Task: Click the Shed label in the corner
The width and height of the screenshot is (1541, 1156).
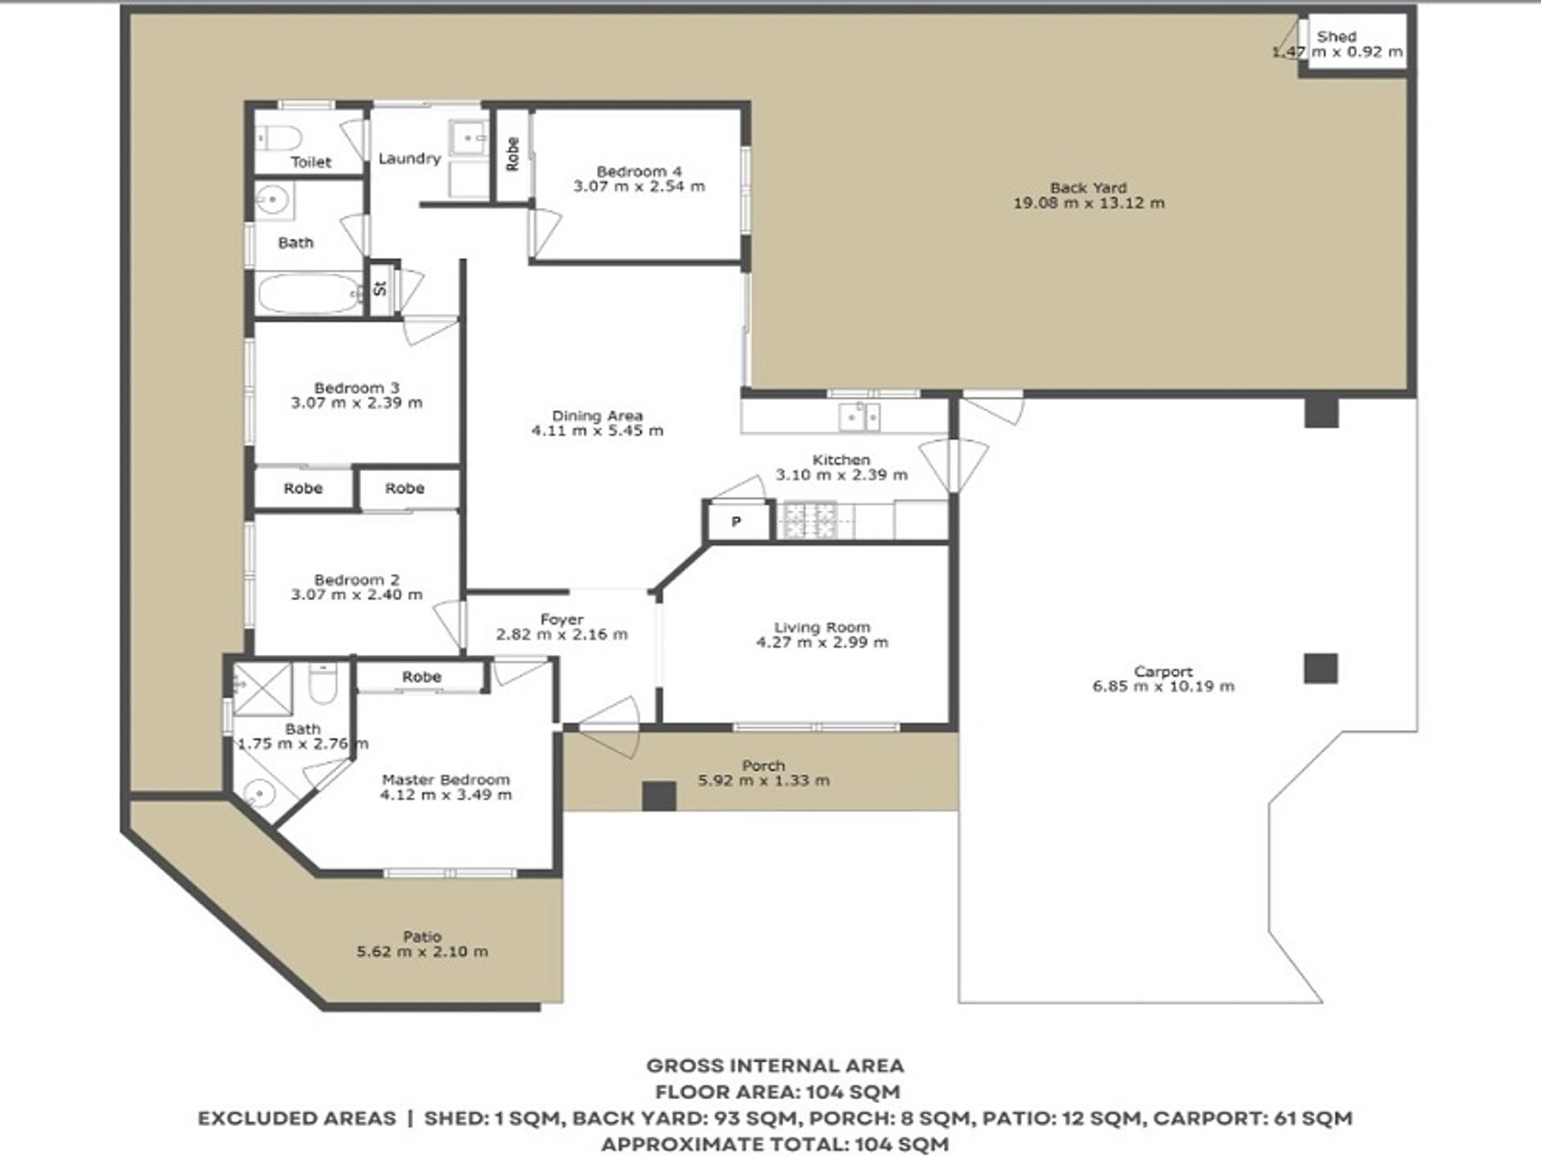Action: tap(1336, 36)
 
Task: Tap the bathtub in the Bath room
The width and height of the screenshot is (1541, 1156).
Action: tap(310, 294)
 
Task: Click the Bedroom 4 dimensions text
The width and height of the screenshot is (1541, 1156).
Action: tap(639, 186)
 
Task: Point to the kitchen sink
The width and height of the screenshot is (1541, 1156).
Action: tap(859, 417)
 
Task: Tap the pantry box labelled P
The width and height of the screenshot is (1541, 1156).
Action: tap(737, 522)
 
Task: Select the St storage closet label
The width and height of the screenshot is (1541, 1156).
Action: tap(380, 287)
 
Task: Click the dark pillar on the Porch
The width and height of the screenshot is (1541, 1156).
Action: tap(659, 796)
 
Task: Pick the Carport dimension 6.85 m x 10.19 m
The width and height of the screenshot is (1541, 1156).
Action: tap(1163, 686)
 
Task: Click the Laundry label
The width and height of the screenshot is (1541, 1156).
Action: tap(409, 158)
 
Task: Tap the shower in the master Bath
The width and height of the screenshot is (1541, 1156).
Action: tap(262, 688)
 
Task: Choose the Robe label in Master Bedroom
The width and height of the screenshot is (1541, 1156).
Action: tap(421, 677)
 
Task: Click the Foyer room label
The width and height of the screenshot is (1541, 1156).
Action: tap(562, 620)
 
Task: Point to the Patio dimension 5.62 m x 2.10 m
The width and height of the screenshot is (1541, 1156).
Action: tap(422, 951)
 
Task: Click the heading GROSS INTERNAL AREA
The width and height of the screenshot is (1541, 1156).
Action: tap(775, 1066)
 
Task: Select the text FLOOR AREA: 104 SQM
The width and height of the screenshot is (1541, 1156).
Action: tap(778, 1092)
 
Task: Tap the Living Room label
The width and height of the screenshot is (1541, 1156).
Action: tap(822, 627)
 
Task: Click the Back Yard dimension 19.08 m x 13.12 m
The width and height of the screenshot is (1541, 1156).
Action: tap(1088, 203)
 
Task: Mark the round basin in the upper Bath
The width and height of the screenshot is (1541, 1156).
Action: tap(274, 198)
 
